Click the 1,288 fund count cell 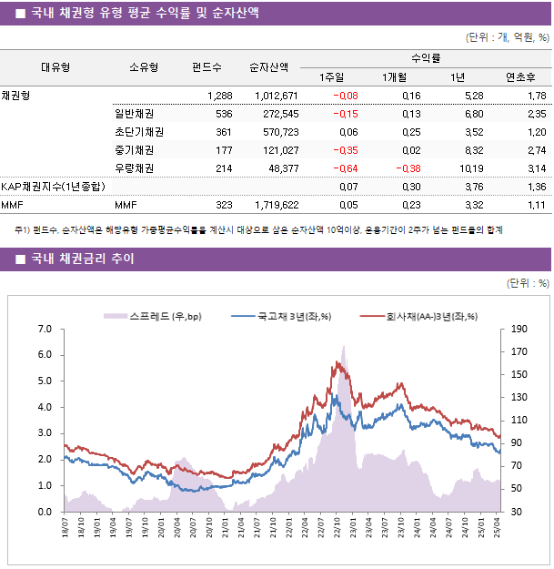[x=220, y=96]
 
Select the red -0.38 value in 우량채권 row [x=407, y=168]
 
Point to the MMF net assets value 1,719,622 [x=273, y=206]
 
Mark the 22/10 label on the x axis [x=337, y=529]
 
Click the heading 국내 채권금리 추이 [x=83, y=259]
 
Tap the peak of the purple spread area [x=344, y=346]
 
